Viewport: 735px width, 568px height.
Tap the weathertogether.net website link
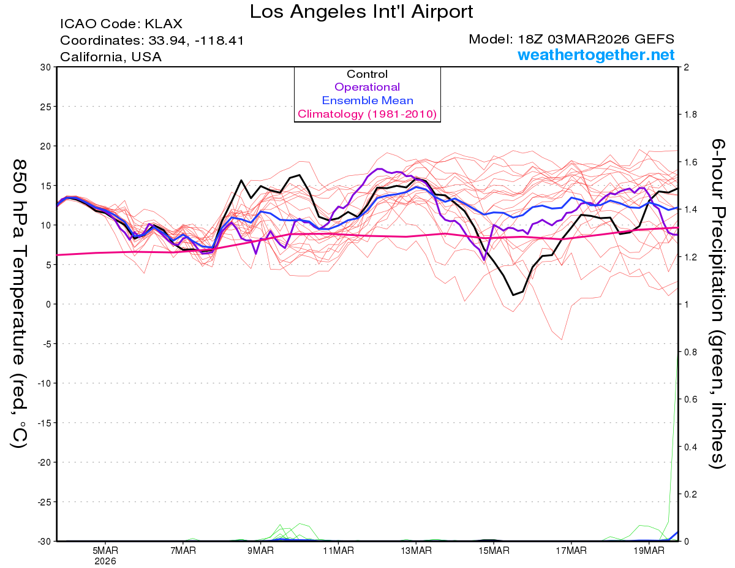pyautogui.click(x=596, y=55)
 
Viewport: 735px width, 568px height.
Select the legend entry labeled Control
pyautogui.click(x=367, y=74)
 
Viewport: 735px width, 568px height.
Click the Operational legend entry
pyautogui.click(x=367, y=87)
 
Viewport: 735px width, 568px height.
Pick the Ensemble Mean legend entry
pyautogui.click(x=367, y=100)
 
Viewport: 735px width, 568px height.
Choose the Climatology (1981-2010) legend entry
pyautogui.click(x=367, y=114)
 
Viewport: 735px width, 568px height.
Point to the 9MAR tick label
pyautogui.click(x=260, y=550)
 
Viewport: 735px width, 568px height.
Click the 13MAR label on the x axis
pyautogui.click(x=415, y=550)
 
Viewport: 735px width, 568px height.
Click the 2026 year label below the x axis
pyautogui.click(x=105, y=561)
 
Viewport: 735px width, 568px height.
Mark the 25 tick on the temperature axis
pyautogui.click(x=45, y=107)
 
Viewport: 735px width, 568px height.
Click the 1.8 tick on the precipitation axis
pyautogui.click(x=691, y=115)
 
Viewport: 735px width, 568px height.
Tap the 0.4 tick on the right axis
pyautogui.click(x=691, y=447)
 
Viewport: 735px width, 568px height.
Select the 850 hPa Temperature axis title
pyautogui.click(x=19, y=303)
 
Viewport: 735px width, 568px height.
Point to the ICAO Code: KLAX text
pyautogui.click(x=121, y=25)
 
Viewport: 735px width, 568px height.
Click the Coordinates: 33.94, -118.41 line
pyautogui.click(x=152, y=41)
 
